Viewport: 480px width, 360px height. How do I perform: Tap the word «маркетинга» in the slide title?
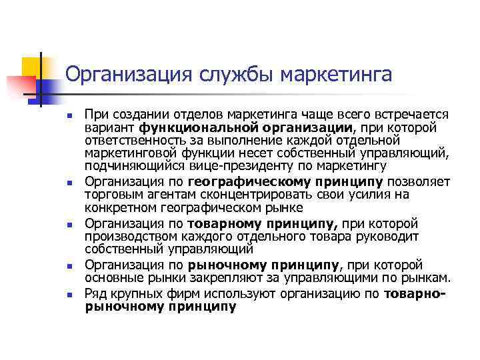336,75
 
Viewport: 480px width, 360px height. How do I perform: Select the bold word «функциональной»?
183,127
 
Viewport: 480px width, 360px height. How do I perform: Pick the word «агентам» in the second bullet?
165,194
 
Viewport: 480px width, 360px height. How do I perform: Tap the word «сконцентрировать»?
237,194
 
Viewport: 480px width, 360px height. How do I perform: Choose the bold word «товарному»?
220,223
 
